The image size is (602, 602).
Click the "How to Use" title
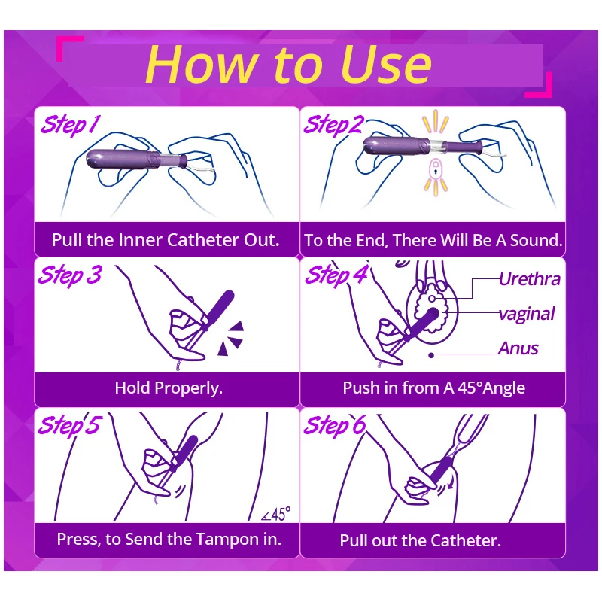coord(289,64)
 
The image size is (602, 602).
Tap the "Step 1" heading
coord(70,124)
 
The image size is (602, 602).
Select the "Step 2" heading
coord(333,124)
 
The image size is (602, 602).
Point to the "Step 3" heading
coord(70,275)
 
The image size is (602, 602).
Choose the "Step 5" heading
coord(69,425)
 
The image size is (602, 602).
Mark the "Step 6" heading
coord(335,425)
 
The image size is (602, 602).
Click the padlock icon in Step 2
coord(435,169)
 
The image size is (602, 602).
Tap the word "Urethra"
coord(530,279)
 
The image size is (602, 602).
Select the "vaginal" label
coord(527,314)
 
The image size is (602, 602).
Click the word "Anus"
coord(518,348)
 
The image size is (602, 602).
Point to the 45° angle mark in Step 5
coord(275,514)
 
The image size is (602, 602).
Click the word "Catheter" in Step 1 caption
coord(203,240)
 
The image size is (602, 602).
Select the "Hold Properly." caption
coord(169,388)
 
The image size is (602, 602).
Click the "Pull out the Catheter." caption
coord(421,540)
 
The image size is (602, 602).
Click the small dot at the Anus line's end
coord(431,355)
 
